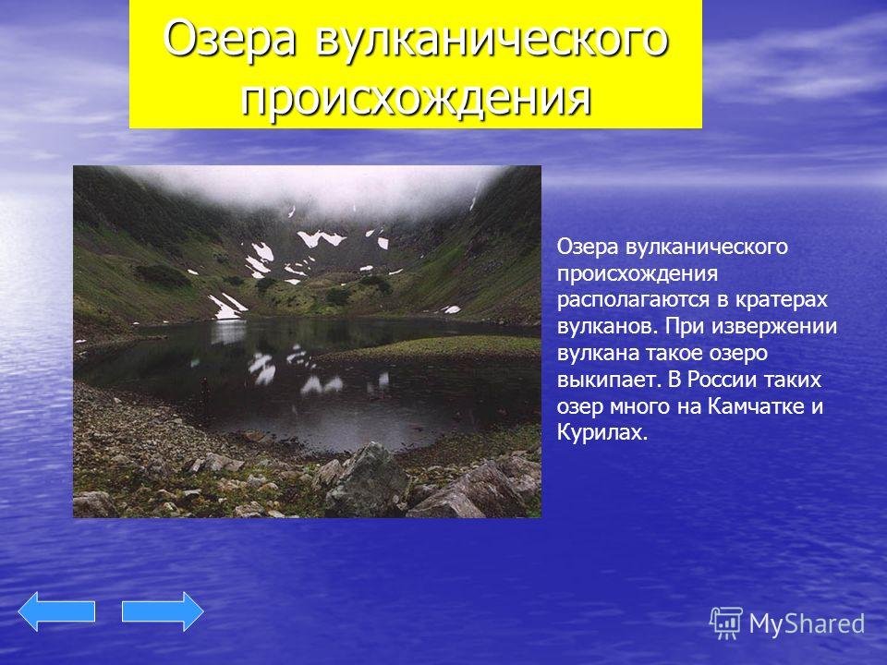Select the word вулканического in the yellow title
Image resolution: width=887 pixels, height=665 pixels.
[491, 40]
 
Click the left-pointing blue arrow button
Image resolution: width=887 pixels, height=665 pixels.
[56, 611]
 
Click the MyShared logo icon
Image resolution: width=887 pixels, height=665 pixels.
[726, 623]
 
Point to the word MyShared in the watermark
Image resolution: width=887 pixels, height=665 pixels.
[807, 623]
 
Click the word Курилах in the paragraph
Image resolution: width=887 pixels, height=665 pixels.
[601, 433]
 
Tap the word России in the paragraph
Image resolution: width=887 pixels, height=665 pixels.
[720, 380]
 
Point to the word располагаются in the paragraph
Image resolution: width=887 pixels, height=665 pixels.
[633, 299]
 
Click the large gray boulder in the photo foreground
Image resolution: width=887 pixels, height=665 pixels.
[367, 479]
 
